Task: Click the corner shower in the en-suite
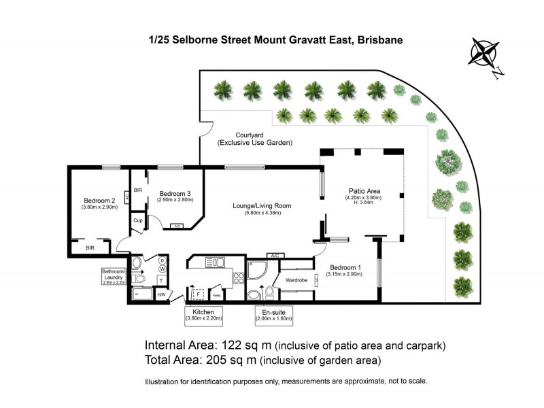[x=258, y=270]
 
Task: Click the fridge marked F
[x=199, y=294]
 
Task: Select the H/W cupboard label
[x=161, y=295]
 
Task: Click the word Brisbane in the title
[x=377, y=40]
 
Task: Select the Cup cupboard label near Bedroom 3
[x=137, y=220]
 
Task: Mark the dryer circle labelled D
[x=162, y=260]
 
